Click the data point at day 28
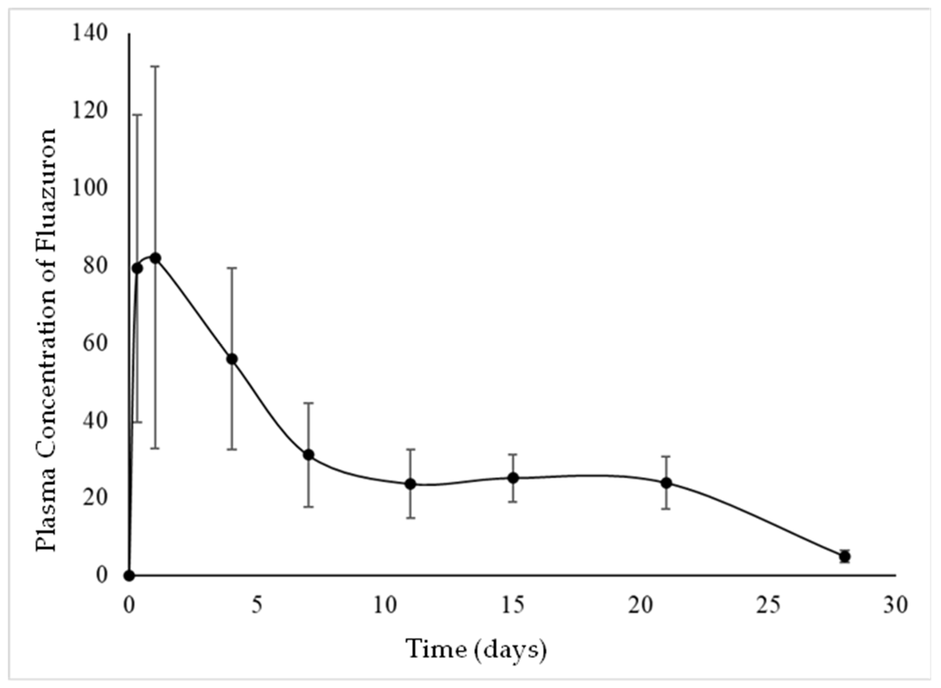844,556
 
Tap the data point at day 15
513,478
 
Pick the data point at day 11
411,484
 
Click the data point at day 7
308,455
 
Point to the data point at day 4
232,359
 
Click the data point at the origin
130,576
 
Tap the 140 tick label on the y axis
89,33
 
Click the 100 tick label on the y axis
89,188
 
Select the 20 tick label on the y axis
95,498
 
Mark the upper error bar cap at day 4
232,268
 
